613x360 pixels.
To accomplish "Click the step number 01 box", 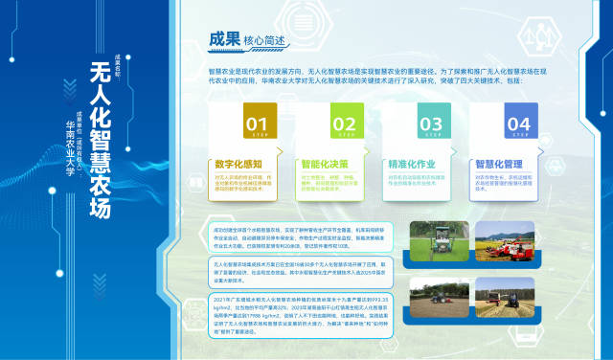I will pos(256,124).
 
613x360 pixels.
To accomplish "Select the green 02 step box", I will pos(343,124).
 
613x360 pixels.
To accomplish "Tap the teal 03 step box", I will pos(430,124).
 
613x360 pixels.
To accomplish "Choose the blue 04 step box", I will pos(518,124).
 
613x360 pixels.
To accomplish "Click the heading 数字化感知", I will pos(238,164).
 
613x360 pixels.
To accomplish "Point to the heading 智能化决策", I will pos(326,164).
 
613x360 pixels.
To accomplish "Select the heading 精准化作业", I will pos(414,164).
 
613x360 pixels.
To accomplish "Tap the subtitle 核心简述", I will pos(265,41).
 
